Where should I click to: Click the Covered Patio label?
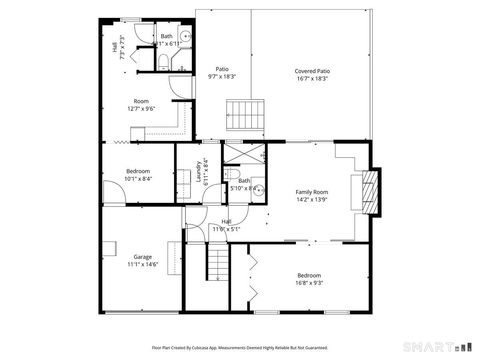click(x=312, y=71)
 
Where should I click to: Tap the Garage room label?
click(x=142, y=257)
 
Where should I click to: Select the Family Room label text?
click(x=311, y=191)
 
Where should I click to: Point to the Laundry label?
click(x=199, y=170)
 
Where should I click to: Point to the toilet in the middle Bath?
click(x=256, y=191)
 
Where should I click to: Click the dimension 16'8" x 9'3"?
click(x=308, y=283)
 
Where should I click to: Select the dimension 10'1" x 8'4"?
click(x=139, y=179)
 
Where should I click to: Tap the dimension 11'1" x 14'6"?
click(x=143, y=265)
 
